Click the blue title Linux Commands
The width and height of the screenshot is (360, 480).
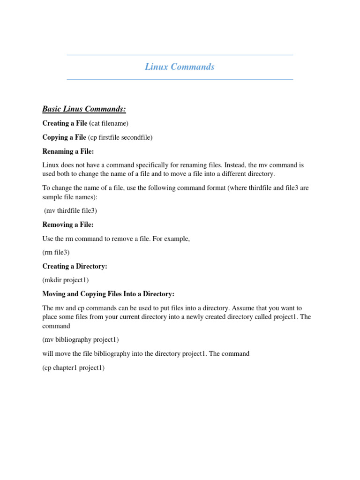180,67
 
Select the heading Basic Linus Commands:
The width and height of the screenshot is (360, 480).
84,109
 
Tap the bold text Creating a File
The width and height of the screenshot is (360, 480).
64,123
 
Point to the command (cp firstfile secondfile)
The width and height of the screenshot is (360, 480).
120,137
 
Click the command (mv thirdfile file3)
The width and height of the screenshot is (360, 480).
70,210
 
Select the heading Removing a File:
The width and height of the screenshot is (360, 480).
68,225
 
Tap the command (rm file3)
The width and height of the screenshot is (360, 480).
56,252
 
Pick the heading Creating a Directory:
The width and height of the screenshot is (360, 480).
75,266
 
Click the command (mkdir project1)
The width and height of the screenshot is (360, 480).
65,280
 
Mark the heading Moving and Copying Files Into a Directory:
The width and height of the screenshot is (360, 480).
108,294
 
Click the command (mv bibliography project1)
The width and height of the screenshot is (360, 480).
81,339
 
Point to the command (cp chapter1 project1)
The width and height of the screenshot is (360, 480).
73,367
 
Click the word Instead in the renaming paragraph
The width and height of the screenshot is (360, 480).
238,165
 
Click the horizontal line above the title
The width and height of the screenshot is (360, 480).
180,55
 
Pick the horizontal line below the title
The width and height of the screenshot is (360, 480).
180,79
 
